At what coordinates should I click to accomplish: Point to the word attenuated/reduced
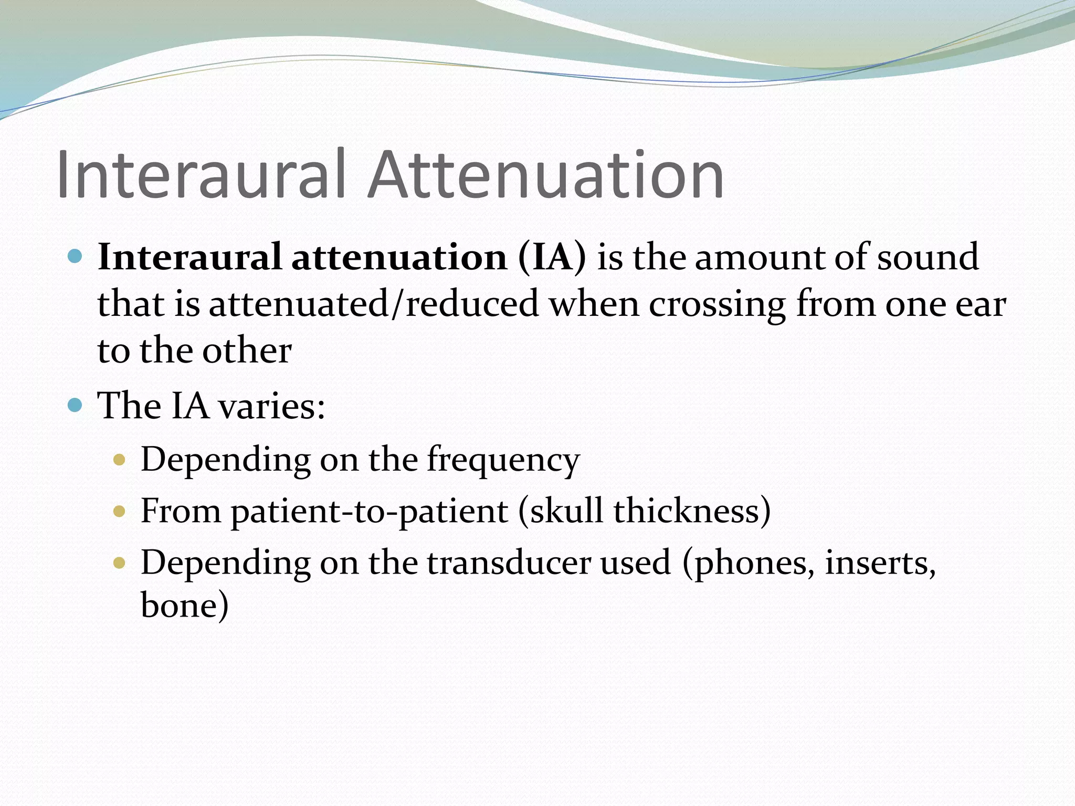click(x=374, y=304)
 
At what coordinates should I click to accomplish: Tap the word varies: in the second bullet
click(x=272, y=406)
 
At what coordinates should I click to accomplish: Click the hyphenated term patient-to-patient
click(x=370, y=511)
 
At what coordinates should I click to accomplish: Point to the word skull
click(x=566, y=510)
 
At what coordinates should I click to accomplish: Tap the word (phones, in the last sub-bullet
click(x=749, y=563)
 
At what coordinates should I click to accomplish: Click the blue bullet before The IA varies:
click(x=76, y=406)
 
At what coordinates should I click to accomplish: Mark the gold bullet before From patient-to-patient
click(x=120, y=511)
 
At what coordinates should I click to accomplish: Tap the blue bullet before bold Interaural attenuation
click(x=76, y=257)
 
